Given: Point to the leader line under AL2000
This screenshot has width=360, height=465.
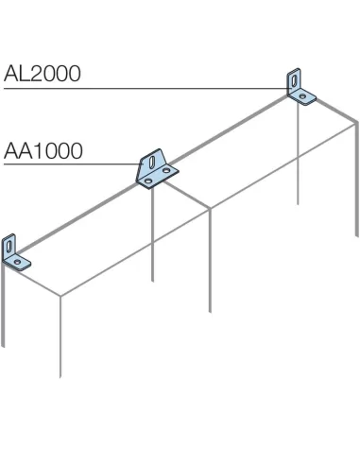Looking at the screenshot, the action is [142, 89].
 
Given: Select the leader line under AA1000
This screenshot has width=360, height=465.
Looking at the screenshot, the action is [66, 164].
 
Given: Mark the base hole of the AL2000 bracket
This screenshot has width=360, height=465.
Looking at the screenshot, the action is [303, 95].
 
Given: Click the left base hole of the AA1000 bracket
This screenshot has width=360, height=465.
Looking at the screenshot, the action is [147, 176].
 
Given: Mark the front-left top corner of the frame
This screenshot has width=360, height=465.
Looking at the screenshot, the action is [61, 296].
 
